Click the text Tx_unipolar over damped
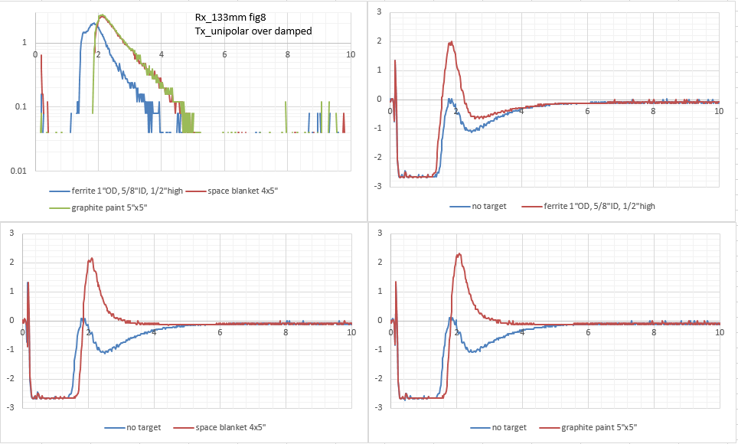click(253, 31)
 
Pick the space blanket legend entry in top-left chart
click(245, 191)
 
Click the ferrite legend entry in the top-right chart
click(597, 206)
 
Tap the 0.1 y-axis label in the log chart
click(21, 106)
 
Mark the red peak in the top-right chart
click(452, 42)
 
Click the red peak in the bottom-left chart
click(91, 259)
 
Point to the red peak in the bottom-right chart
click(458, 254)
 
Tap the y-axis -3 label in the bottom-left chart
click(9, 407)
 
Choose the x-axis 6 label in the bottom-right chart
click(588, 333)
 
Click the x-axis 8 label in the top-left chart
click(288, 54)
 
